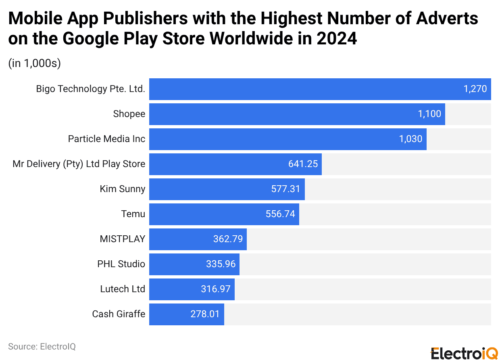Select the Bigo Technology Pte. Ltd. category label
(90, 89)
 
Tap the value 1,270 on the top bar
(475, 89)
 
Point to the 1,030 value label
(410, 139)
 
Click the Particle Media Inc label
(106, 139)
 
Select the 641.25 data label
(303, 164)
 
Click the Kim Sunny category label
(122, 189)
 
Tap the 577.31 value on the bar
(285, 189)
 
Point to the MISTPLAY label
(122, 239)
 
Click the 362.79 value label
(228, 239)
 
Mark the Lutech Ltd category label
(123, 289)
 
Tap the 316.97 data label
(216, 289)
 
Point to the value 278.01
(205, 314)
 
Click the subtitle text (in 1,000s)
(34, 64)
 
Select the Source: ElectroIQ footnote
(42, 347)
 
